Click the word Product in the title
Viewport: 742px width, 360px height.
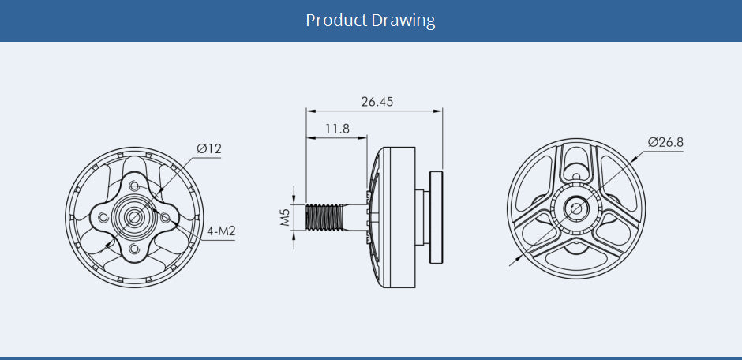[x=336, y=21]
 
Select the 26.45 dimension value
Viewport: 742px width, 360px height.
[x=377, y=102]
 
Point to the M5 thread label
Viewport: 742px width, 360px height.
[x=286, y=217]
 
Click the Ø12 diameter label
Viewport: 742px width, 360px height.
[x=208, y=148]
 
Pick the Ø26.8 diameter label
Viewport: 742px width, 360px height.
[x=665, y=142]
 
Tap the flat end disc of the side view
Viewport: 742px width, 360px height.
[x=436, y=217]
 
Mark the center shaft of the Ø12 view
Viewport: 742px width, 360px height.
[x=131, y=216]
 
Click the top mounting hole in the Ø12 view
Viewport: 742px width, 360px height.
[x=135, y=186]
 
